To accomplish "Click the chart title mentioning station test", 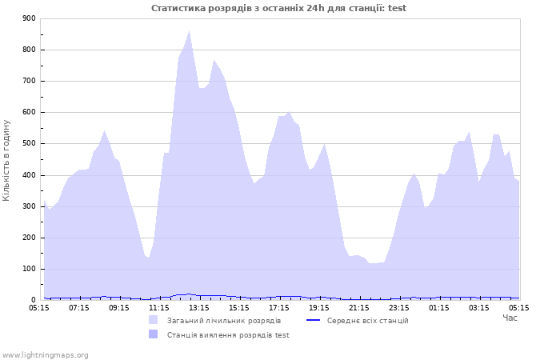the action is (x=278, y=8).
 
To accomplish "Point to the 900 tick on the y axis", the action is (x=29, y=18).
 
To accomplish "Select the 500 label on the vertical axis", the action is (x=29, y=143).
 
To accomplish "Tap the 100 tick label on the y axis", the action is (x=29, y=269).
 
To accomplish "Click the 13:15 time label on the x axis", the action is (x=199, y=308).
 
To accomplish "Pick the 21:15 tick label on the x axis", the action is (x=359, y=308).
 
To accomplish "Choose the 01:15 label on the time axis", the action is (x=439, y=308).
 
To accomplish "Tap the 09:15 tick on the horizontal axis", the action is (x=119, y=308).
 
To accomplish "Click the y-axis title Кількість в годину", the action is (x=6, y=160).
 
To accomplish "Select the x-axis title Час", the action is (x=510, y=318).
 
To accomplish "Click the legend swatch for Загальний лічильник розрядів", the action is (x=154, y=320).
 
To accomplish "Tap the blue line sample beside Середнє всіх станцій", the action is (x=314, y=320).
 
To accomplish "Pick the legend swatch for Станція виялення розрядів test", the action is (x=154, y=334).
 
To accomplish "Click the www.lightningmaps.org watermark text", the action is (x=45, y=355).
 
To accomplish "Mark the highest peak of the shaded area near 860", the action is (x=190, y=31).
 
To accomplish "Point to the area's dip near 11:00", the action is (x=148, y=258).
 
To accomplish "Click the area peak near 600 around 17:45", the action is (x=289, y=112).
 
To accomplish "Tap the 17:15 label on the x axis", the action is (x=279, y=308).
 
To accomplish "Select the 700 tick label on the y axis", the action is (x=29, y=81).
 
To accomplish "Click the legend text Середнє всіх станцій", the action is (x=367, y=321).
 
